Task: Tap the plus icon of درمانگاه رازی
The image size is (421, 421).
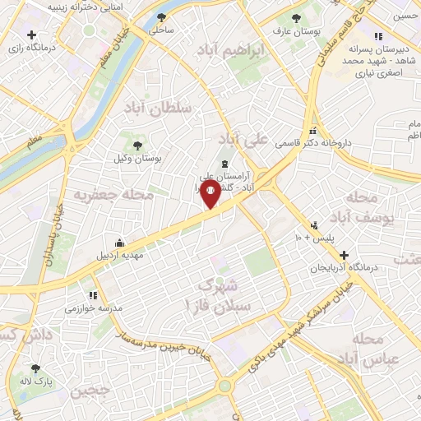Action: (30, 35)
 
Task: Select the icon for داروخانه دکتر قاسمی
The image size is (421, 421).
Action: (312, 132)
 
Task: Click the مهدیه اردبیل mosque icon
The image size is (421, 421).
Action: (120, 243)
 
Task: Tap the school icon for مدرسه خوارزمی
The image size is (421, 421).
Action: (92, 294)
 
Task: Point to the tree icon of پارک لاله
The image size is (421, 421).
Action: (35, 368)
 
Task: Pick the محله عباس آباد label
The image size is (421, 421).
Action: (377, 349)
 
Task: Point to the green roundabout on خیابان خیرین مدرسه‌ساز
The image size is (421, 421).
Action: (224, 385)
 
